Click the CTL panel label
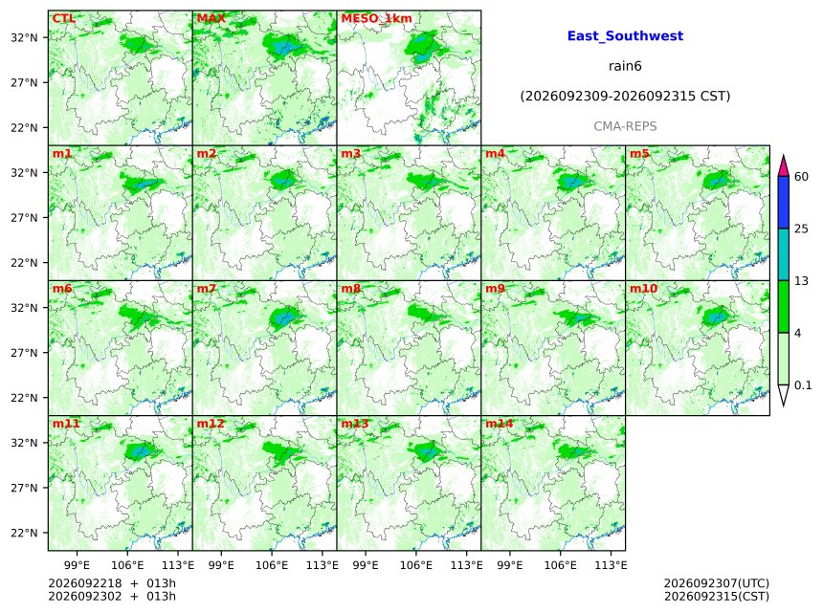(63, 18)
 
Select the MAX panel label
(211, 18)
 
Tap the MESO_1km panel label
(376, 18)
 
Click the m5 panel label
(639, 153)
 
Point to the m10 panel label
(643, 289)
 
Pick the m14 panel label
(499, 424)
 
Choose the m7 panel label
(207, 289)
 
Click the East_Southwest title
(625, 36)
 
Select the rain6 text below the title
(625, 66)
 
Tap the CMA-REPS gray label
(625, 126)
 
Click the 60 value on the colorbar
(801, 177)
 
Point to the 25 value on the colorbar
(801, 229)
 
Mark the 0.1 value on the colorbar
(803, 385)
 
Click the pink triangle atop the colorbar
(783, 166)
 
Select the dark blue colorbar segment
(784, 203)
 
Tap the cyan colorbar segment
(784, 254)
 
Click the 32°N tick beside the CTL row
(24, 37)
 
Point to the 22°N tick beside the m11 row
(24, 533)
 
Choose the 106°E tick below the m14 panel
(561, 565)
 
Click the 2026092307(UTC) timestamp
(717, 583)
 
